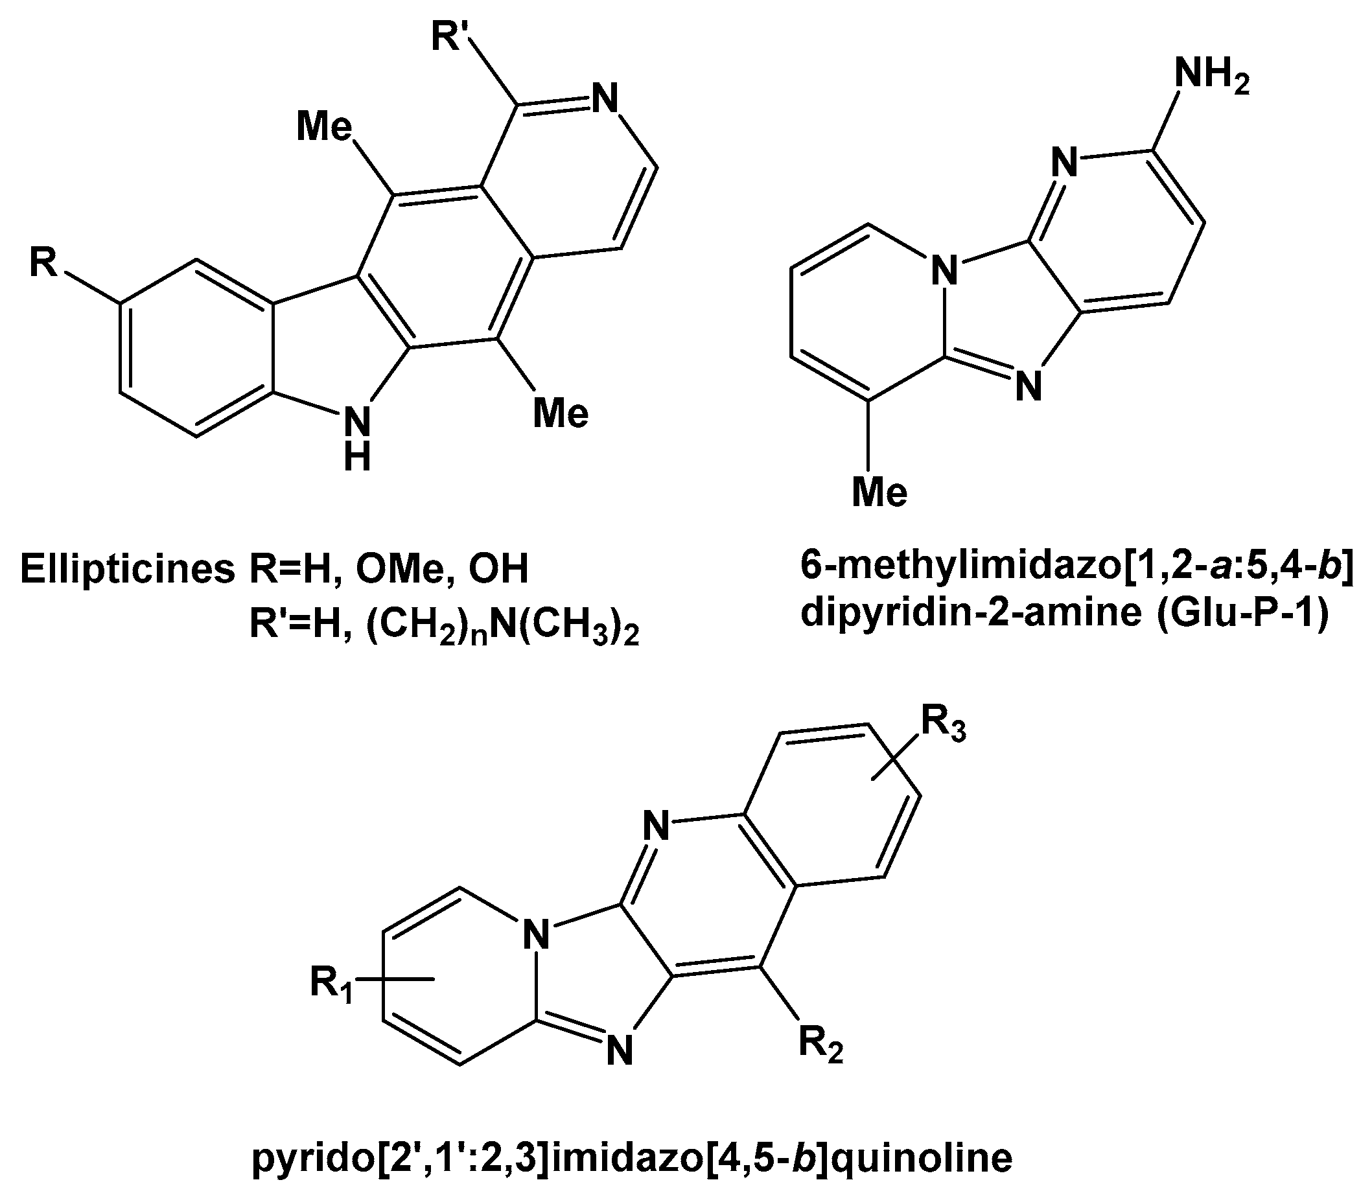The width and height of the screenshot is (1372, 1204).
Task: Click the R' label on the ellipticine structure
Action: (x=452, y=36)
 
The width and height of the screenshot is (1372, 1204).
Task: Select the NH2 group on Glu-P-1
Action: (x=1212, y=75)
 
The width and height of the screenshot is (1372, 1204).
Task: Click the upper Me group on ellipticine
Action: (x=324, y=126)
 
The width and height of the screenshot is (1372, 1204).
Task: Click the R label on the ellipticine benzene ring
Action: (x=43, y=262)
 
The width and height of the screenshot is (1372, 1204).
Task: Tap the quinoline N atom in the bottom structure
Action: (x=656, y=825)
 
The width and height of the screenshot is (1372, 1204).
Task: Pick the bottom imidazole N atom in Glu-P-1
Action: (x=1028, y=386)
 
